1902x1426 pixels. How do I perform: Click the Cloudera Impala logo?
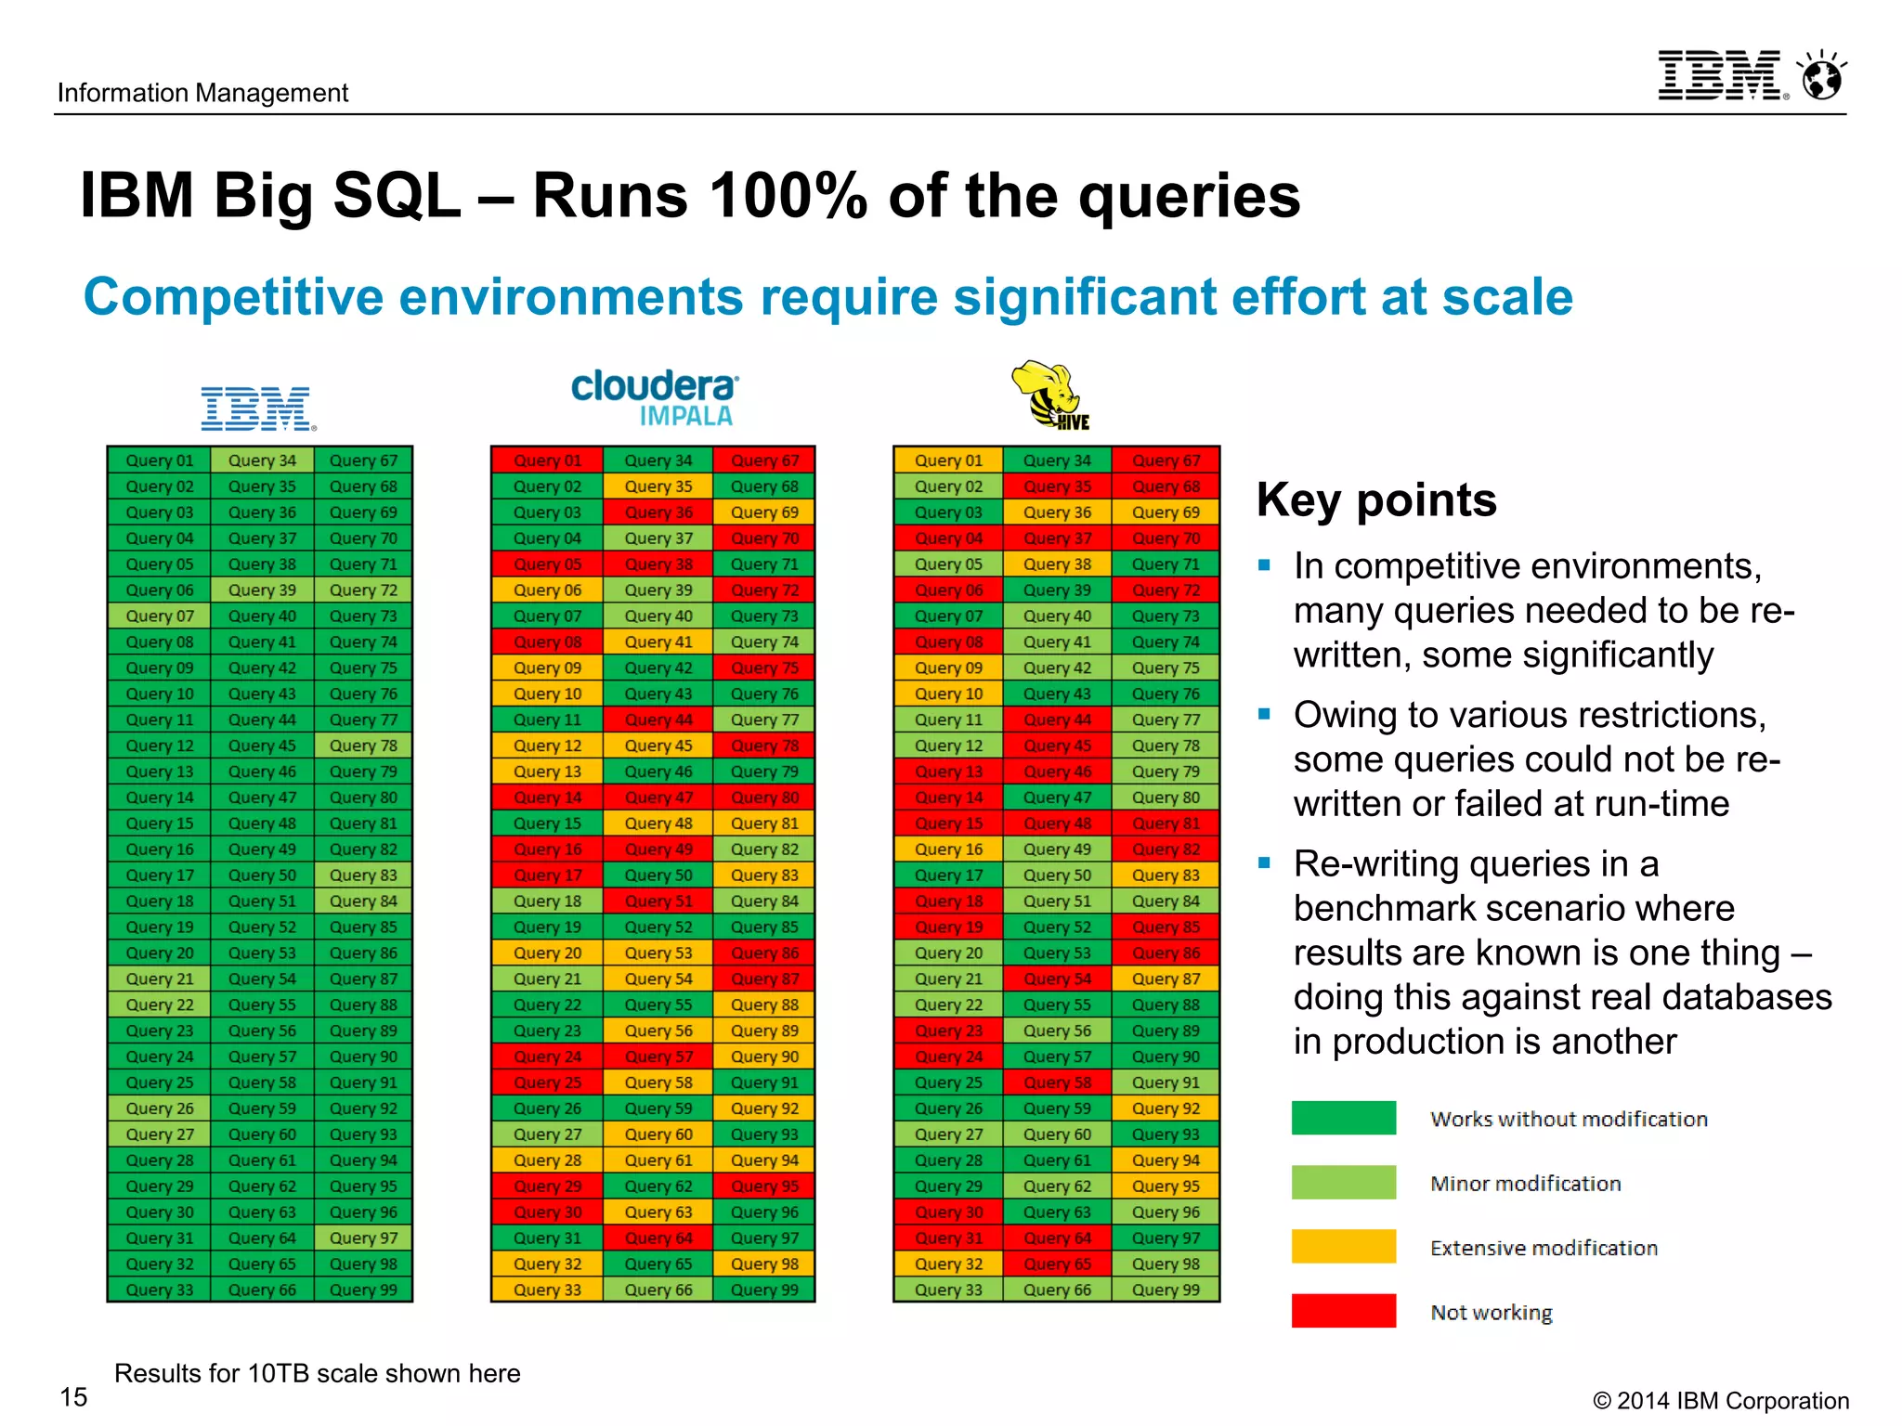coord(655,397)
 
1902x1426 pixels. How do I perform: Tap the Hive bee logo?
coord(1049,395)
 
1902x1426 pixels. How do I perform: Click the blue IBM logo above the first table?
coord(258,408)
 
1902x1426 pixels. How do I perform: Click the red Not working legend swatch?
coord(1343,1310)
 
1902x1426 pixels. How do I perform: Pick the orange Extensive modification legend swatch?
coord(1343,1246)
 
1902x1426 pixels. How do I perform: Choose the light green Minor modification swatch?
coord(1343,1182)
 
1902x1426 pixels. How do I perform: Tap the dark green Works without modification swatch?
coord(1343,1117)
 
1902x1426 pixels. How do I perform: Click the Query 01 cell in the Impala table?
coord(547,460)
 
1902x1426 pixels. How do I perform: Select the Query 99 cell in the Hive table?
coord(1166,1290)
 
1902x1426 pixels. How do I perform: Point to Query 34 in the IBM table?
coord(262,460)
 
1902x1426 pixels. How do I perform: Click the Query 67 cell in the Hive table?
coord(1166,460)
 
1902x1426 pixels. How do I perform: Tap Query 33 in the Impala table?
coord(547,1290)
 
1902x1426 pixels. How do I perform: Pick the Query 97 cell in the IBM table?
coord(363,1238)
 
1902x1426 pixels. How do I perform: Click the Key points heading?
coord(1375,499)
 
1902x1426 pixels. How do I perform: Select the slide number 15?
coord(73,1396)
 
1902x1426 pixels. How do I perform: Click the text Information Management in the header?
coord(202,93)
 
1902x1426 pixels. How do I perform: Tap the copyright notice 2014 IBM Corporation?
coord(1720,1400)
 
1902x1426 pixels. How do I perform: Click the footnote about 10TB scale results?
coord(317,1373)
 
